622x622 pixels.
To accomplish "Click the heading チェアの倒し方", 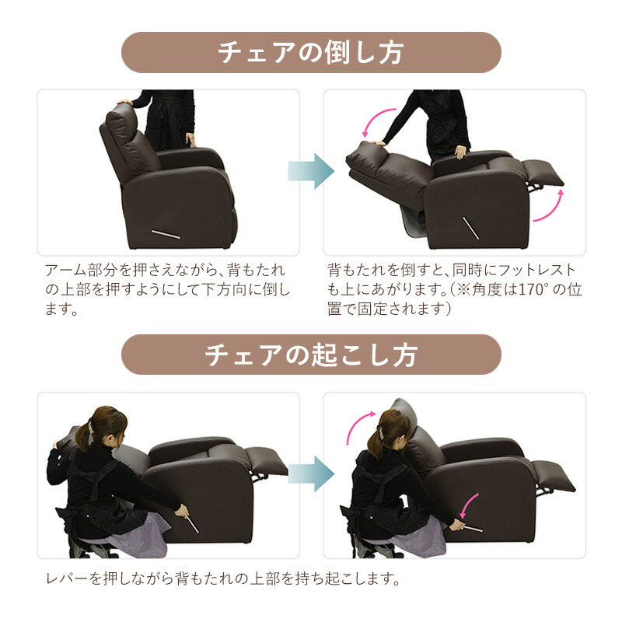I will point(311,53).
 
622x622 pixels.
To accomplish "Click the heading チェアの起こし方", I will point(311,355).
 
